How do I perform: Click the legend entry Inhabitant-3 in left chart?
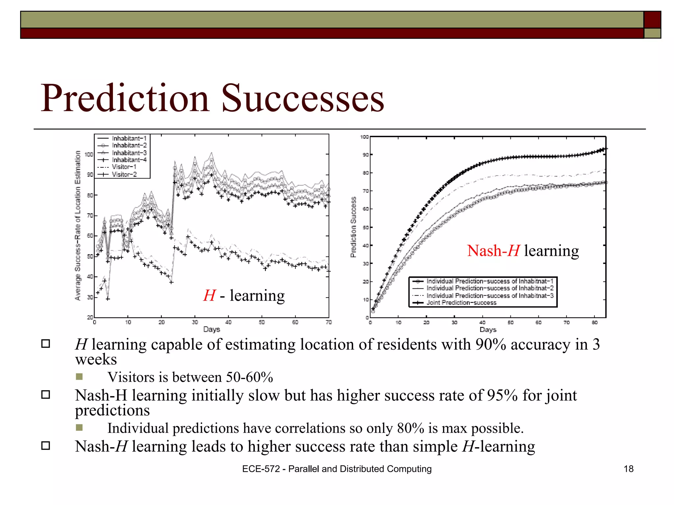(129, 153)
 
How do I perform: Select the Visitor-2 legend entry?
(124, 174)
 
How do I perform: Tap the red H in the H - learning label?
(210, 295)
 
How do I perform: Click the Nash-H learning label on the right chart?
(523, 251)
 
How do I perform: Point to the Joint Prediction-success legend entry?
(461, 302)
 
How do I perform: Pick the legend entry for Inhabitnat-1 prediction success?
(490, 281)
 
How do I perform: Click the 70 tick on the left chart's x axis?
(328, 322)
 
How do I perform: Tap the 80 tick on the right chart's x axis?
(594, 323)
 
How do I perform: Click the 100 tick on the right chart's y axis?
(364, 137)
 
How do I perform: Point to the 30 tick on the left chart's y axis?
(90, 297)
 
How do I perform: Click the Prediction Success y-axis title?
(353, 227)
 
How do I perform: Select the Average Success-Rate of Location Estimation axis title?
(78, 226)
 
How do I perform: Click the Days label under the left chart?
(211, 329)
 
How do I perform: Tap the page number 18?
(628, 469)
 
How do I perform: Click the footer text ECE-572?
(261, 469)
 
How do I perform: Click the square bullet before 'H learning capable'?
(45, 344)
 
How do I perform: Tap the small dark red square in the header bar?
(652, 20)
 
